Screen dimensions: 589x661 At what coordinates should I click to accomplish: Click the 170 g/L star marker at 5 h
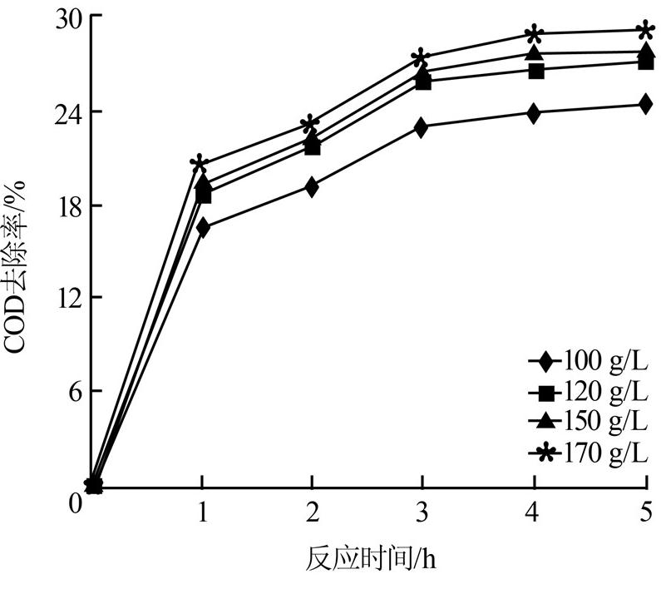(644, 32)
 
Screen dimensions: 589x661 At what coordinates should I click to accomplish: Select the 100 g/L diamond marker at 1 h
(202, 227)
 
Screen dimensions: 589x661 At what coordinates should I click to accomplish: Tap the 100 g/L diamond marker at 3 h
(422, 127)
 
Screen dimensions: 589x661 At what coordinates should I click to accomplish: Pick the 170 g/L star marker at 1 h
(199, 164)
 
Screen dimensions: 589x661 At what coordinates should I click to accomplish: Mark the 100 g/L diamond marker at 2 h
(312, 187)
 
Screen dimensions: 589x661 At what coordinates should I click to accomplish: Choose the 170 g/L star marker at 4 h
(534, 35)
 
